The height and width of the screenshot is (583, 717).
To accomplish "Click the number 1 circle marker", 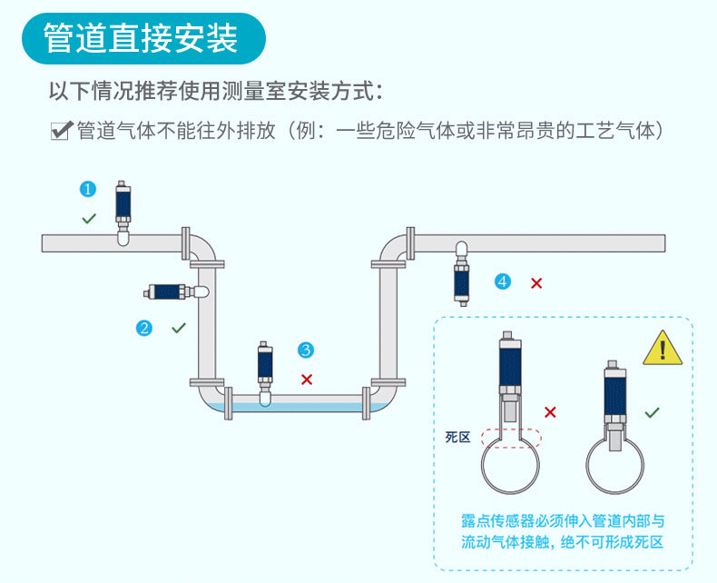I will click(x=88, y=189).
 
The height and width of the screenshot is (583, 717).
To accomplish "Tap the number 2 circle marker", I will click(x=143, y=328).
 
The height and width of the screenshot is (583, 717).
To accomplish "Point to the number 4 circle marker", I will click(x=503, y=282).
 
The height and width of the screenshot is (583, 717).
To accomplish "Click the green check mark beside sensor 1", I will click(x=89, y=218).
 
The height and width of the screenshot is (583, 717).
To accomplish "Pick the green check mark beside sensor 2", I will click(x=179, y=327).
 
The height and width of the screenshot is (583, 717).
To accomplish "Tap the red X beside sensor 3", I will click(x=307, y=379).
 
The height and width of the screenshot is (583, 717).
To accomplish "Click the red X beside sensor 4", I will click(x=536, y=283).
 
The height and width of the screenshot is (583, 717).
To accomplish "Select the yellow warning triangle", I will click(x=663, y=349).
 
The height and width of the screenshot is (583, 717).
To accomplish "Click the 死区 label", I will click(x=458, y=438).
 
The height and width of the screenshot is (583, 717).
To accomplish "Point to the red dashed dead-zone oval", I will click(x=511, y=438).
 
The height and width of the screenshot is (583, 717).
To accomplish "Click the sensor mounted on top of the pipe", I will click(x=124, y=208).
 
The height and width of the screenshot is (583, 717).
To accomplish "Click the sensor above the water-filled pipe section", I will click(x=265, y=370).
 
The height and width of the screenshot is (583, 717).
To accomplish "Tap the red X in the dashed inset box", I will click(x=550, y=412).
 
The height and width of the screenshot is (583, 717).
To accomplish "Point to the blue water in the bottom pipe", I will click(x=300, y=405).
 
